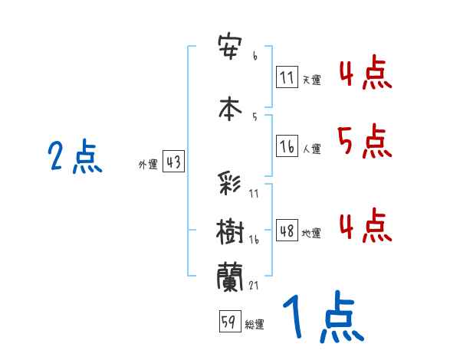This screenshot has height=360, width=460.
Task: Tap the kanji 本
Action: click(231, 106)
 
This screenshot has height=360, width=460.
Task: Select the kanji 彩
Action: click(231, 184)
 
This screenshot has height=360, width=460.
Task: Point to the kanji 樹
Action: click(231, 230)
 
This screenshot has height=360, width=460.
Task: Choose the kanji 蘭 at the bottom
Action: click(231, 277)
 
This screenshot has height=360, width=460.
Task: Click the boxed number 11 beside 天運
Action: click(287, 77)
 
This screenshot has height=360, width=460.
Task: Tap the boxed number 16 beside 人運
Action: click(287, 146)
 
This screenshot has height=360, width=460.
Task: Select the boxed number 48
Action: click(287, 231)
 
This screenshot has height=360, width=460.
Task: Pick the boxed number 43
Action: click(173, 162)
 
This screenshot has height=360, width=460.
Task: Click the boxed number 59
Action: click(229, 322)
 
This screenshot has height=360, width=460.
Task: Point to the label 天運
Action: click(311, 80)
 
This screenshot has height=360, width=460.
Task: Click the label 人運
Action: click(311, 149)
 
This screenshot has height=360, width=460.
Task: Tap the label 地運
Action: click(311, 233)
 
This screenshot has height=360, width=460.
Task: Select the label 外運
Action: click(147, 164)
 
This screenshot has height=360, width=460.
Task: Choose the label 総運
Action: click(255, 324)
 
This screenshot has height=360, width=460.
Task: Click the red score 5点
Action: click(364, 140)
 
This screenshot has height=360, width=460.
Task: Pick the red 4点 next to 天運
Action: click(365, 72)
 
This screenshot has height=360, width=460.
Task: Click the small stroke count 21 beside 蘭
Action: click(253, 286)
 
